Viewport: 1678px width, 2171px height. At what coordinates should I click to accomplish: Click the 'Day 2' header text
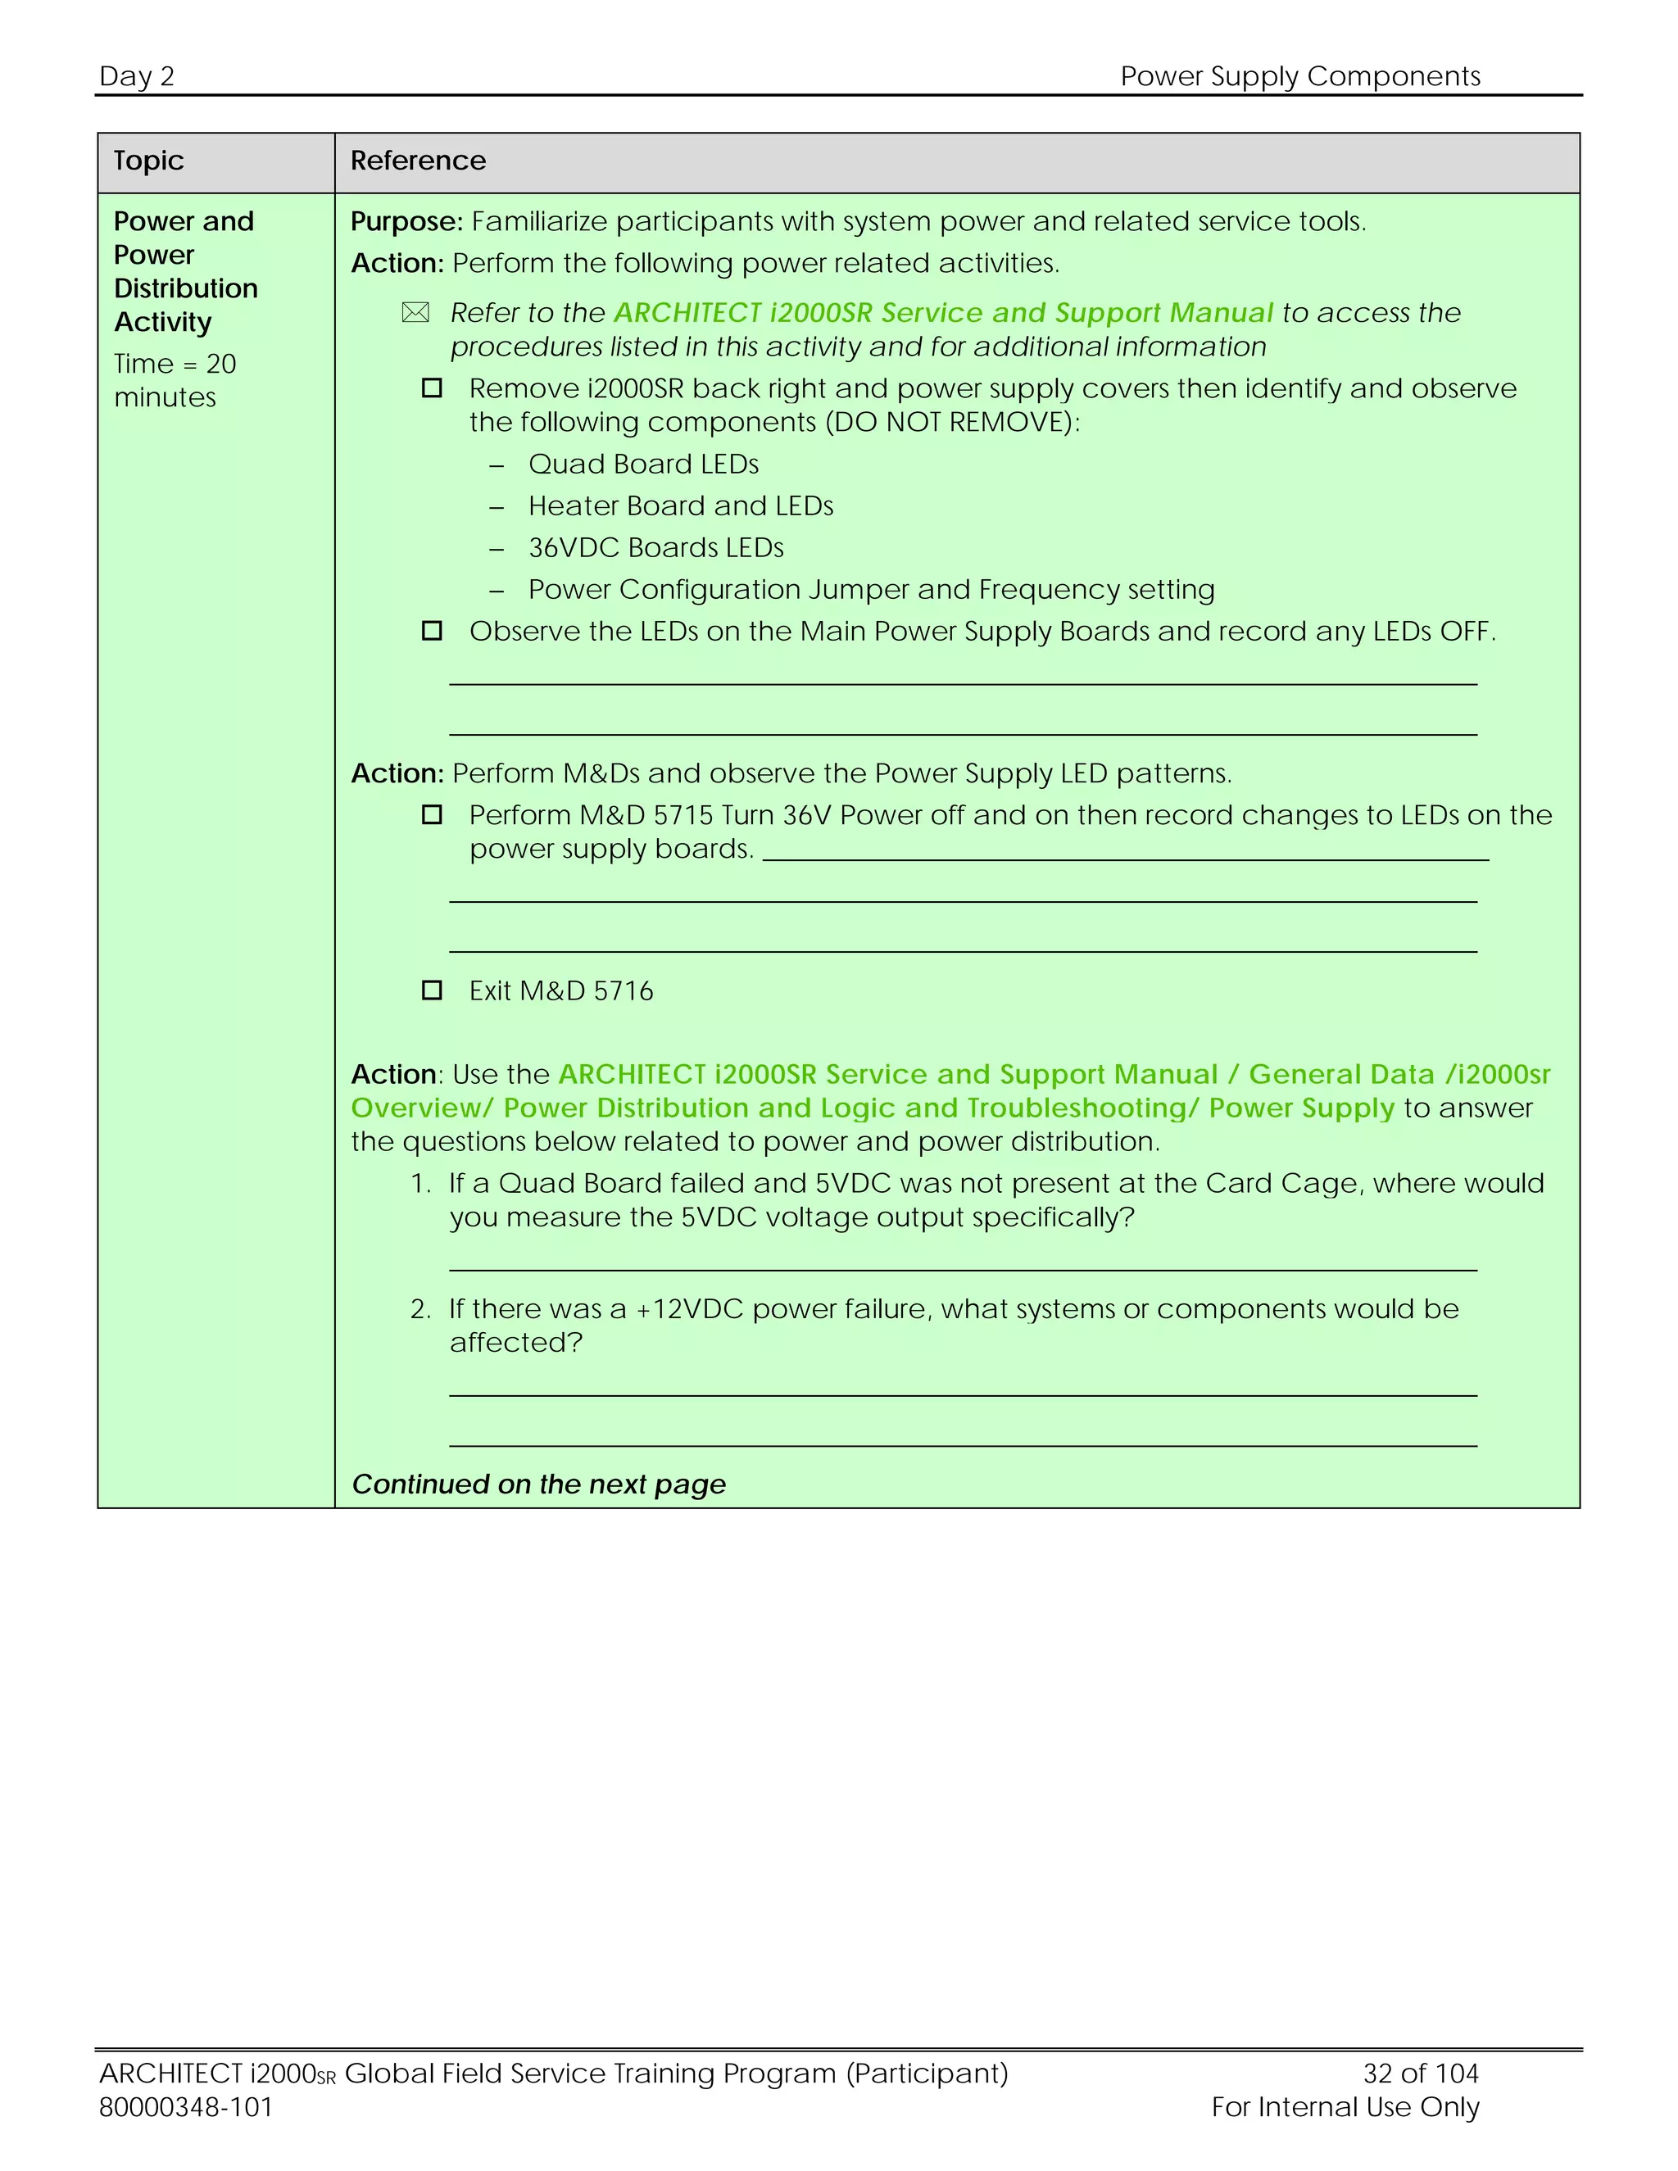[x=137, y=76]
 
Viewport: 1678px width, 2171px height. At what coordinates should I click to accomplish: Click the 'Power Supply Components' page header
[x=1299, y=76]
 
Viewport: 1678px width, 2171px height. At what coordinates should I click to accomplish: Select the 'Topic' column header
[x=149, y=161]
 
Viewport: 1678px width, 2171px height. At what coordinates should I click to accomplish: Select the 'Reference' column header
[x=418, y=161]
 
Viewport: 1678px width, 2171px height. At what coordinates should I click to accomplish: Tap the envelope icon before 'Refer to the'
[x=415, y=313]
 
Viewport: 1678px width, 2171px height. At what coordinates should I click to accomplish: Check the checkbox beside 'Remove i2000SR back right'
[x=432, y=388]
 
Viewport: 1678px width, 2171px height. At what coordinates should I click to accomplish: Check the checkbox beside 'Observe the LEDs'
[x=432, y=631]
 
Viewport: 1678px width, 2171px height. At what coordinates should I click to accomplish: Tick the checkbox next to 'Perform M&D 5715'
[x=432, y=815]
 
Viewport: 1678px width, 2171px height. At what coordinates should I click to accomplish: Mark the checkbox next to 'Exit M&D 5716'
[x=432, y=991]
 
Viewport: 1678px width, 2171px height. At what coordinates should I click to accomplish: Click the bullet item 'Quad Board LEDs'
[x=643, y=465]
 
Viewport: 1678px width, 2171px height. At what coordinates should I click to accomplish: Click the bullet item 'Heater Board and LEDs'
[x=680, y=506]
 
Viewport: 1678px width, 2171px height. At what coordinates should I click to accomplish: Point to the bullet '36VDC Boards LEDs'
[x=655, y=548]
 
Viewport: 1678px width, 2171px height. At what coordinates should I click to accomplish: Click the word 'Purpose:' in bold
[x=406, y=222]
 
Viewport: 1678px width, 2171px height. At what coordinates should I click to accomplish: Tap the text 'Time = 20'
[x=175, y=364]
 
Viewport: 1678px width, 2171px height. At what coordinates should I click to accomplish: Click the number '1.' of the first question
[x=420, y=1184]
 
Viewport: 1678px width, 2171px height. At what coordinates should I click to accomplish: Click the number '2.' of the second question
[x=420, y=1309]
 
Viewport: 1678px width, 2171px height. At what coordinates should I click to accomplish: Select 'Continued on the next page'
[x=539, y=1485]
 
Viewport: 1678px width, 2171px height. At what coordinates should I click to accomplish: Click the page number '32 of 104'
[x=1421, y=2074]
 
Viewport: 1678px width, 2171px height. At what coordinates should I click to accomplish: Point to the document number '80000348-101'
[x=186, y=2107]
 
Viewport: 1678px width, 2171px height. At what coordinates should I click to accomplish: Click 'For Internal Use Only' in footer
[x=1345, y=2107]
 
